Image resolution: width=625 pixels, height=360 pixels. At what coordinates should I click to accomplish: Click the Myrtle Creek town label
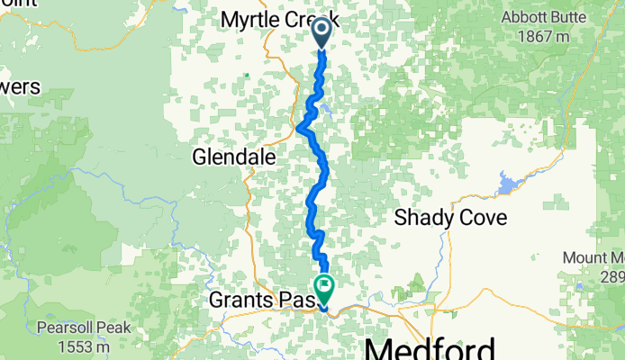(x=267, y=18)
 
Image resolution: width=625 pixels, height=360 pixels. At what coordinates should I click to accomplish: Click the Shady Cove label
(x=450, y=217)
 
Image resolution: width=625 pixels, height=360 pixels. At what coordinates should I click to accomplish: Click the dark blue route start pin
(x=322, y=34)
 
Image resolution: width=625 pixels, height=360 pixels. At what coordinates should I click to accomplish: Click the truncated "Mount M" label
(x=594, y=258)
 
